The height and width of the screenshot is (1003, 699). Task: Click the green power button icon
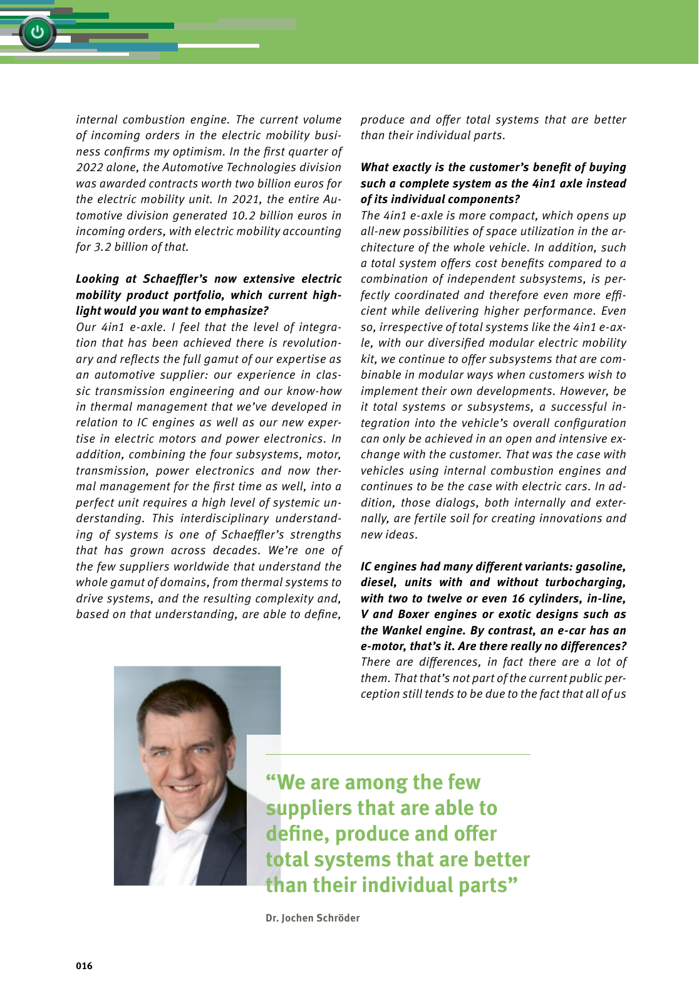tap(38, 32)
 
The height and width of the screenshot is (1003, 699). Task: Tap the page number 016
tap(84, 965)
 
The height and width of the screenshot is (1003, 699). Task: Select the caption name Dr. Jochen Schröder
tap(313, 918)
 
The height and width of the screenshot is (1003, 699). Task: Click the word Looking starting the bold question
tap(97, 279)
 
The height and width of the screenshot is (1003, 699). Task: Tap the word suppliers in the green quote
tap(308, 809)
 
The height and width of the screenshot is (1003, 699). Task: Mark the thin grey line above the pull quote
tap(398, 754)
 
